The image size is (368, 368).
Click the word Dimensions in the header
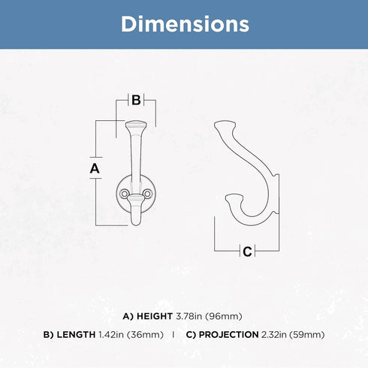coord(185,24)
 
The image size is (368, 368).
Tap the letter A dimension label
coord(95,168)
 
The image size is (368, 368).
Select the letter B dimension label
coord(136,100)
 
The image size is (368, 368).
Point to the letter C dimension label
coord(247,252)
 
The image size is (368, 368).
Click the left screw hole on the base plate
coord(124,194)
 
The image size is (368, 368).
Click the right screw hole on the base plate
coord(147,194)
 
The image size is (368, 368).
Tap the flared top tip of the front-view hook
coord(136,125)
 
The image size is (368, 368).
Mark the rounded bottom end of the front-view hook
coord(136,222)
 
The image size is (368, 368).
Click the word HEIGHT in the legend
coord(155,316)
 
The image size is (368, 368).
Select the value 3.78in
coord(189,316)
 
